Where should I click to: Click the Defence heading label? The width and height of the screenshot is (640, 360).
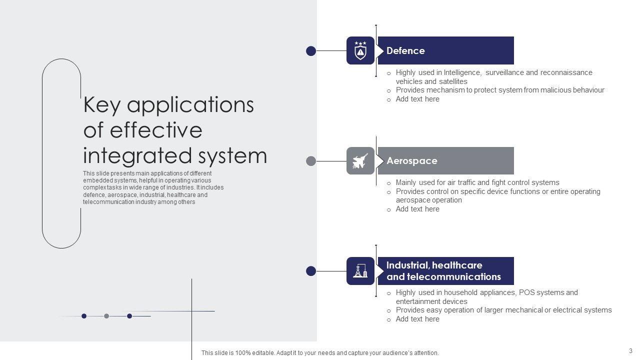[x=405, y=50]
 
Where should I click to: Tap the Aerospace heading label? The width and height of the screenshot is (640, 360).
[x=411, y=160]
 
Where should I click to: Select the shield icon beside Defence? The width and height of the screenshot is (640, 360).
[x=360, y=50]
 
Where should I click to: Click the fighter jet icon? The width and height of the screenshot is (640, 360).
[x=360, y=161]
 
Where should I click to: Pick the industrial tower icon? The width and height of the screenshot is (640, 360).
[x=360, y=271]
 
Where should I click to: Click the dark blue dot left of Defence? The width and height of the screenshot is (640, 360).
[x=311, y=50]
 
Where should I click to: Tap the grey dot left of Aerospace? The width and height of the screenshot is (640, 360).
[x=311, y=161]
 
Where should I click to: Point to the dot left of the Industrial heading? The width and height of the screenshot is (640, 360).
[x=311, y=271]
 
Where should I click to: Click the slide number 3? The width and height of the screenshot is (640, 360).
[x=630, y=350]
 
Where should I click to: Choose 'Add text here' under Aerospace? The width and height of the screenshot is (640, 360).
[x=417, y=209]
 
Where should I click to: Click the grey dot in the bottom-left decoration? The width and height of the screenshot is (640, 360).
[x=106, y=316]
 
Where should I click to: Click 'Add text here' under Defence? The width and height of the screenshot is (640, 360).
[x=417, y=99]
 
